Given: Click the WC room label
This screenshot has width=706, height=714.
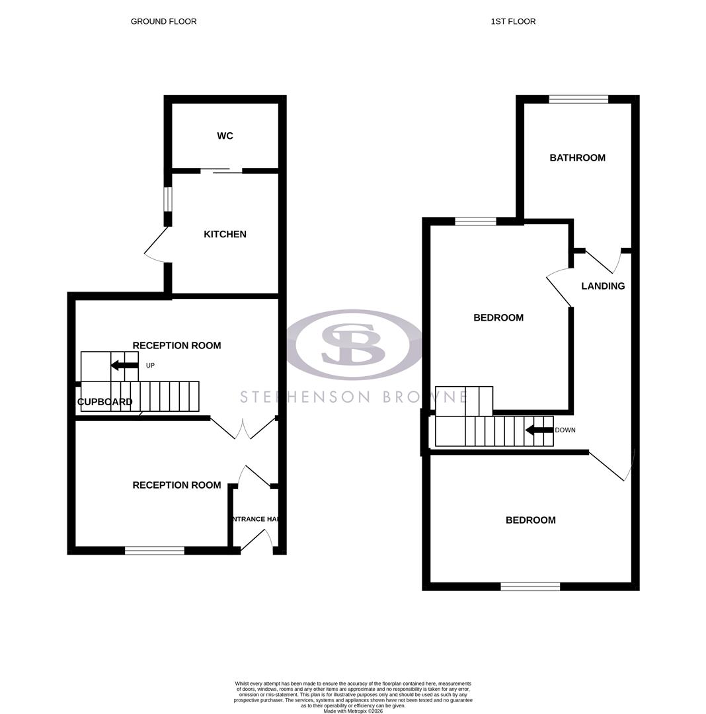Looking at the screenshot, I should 225,136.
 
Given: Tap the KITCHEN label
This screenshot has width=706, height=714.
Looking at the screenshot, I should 225,235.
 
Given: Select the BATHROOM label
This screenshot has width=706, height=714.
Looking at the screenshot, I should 577,158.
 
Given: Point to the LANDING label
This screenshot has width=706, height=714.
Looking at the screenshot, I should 603,286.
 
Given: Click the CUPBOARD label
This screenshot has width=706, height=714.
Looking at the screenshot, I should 105,402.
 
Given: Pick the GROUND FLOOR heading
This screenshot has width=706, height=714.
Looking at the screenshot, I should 163,22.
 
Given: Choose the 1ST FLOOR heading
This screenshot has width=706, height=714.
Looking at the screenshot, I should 513,22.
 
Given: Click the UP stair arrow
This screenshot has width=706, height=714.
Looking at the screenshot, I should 124,366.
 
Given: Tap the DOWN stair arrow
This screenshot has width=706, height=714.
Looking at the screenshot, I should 539,430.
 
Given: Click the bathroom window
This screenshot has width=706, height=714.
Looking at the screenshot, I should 578,100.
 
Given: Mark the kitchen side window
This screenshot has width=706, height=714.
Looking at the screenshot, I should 168,199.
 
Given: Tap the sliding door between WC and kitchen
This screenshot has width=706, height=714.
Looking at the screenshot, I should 221,171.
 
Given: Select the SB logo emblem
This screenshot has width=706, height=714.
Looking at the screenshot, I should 352,344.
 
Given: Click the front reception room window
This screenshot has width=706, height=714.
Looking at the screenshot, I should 155,551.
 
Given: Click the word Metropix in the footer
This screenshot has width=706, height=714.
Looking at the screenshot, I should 355,711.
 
